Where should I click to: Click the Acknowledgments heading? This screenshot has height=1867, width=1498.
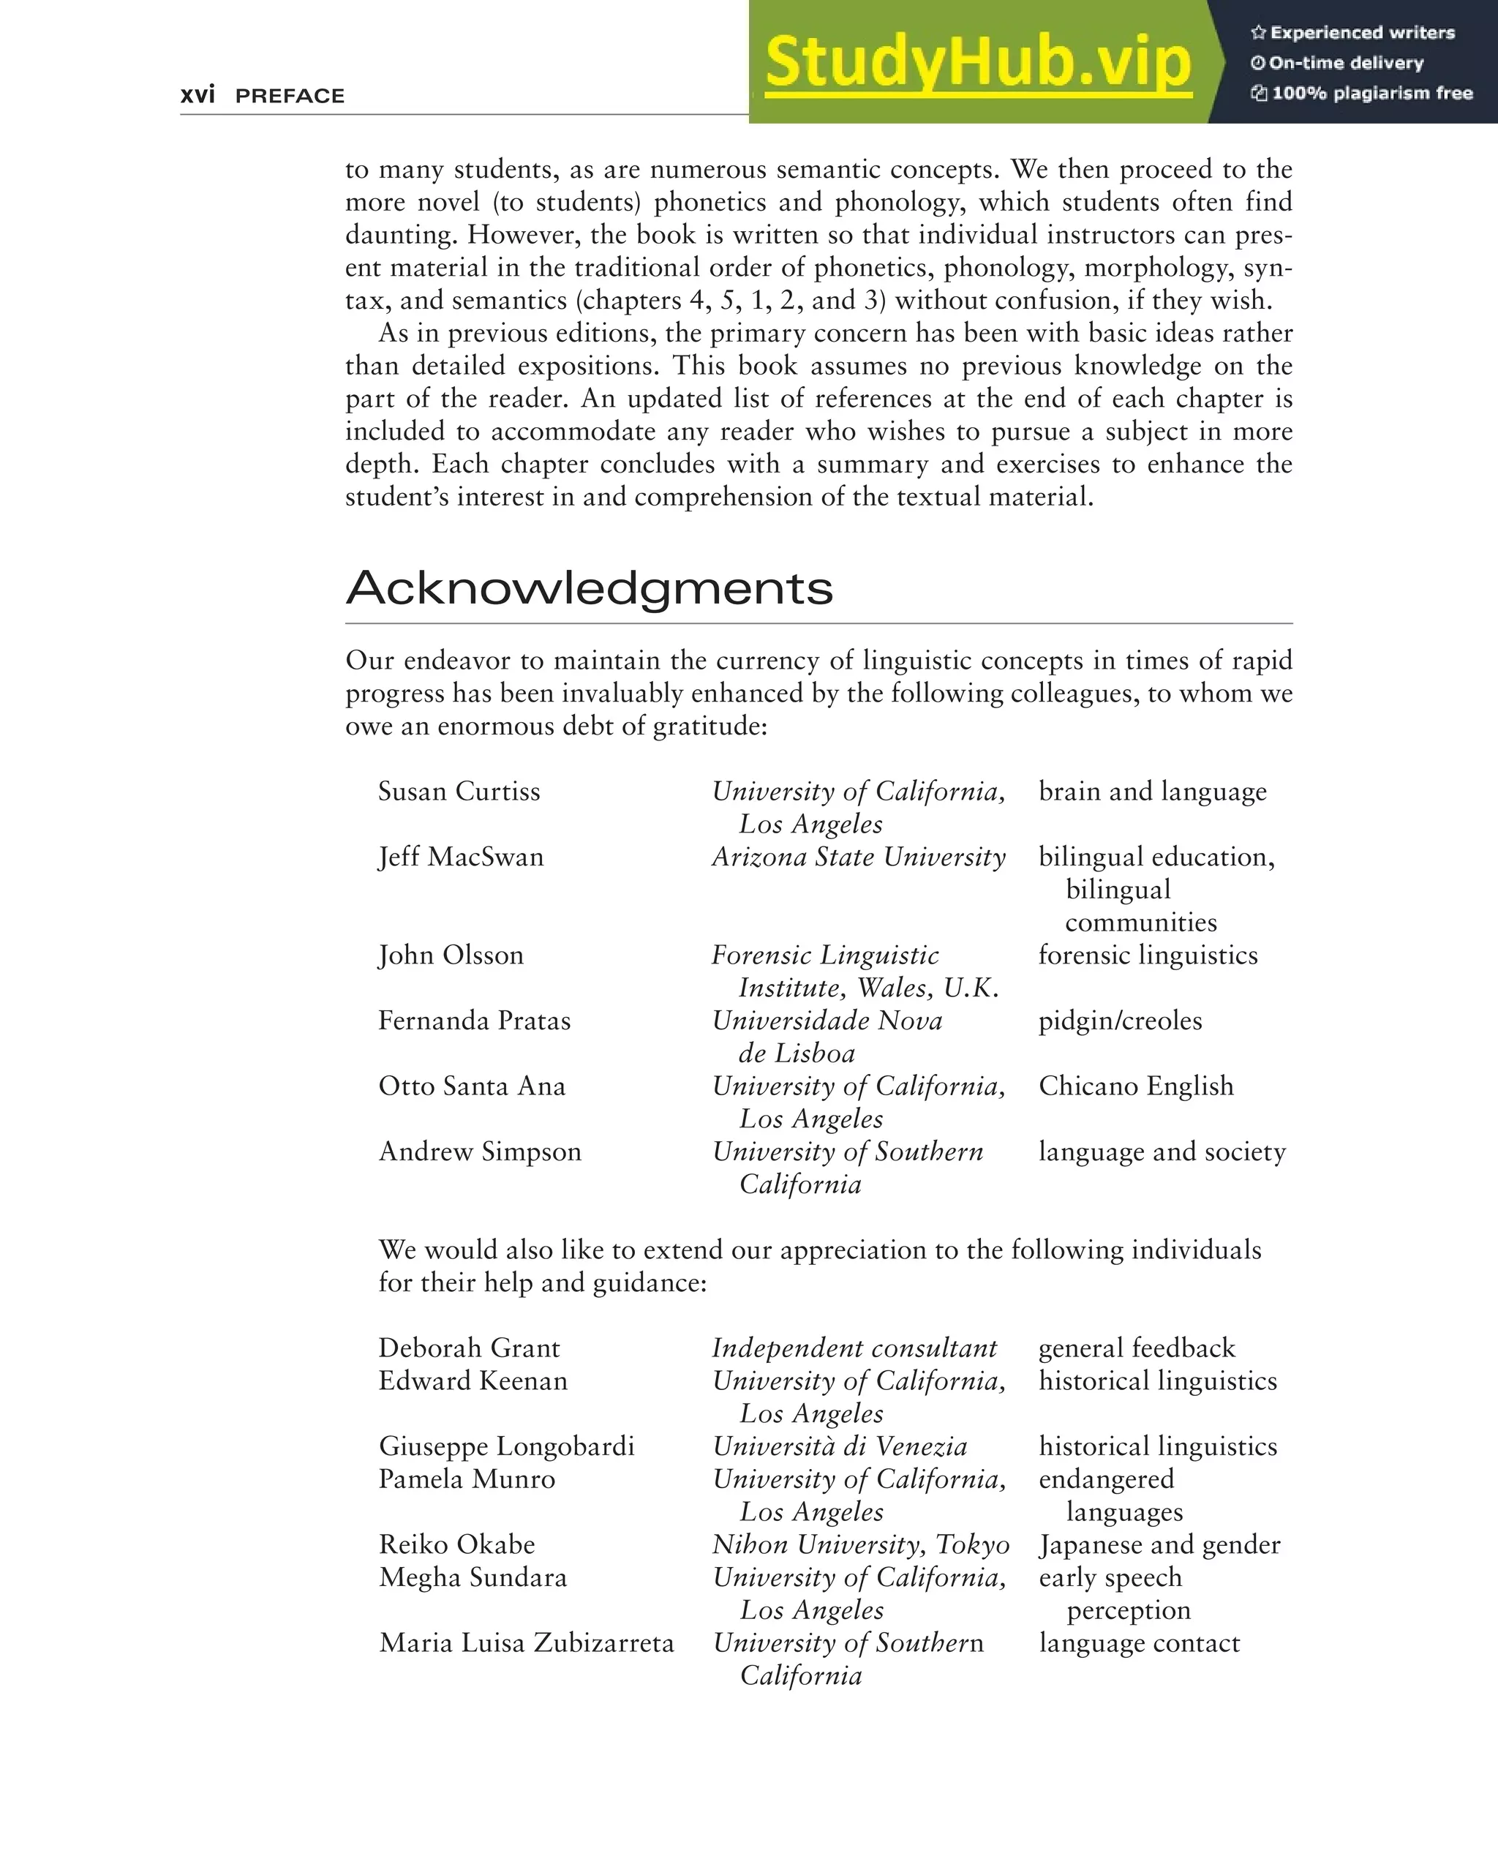[589, 588]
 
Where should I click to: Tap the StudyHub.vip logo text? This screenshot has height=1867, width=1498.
[979, 62]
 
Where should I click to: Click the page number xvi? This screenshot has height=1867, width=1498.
[197, 94]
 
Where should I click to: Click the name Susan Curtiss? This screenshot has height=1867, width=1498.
[459, 792]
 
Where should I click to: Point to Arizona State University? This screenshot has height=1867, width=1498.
[858, 857]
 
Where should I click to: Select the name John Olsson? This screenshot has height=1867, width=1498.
[451, 955]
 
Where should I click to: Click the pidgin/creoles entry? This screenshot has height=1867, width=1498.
[1120, 1021]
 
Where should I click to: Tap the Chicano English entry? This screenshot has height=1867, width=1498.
[1135, 1086]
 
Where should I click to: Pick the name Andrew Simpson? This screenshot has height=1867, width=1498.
[480, 1152]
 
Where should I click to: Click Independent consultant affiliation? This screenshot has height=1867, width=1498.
[854, 1348]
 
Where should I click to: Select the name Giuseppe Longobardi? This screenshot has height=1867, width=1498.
[507, 1446]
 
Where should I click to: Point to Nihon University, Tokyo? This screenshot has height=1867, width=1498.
[861, 1545]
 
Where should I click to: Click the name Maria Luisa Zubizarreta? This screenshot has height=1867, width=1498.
[526, 1642]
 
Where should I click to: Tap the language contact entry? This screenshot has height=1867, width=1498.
[1139, 1642]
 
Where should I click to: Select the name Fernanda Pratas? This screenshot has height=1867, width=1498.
[475, 1021]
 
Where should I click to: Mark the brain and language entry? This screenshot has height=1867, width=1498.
[1151, 792]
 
